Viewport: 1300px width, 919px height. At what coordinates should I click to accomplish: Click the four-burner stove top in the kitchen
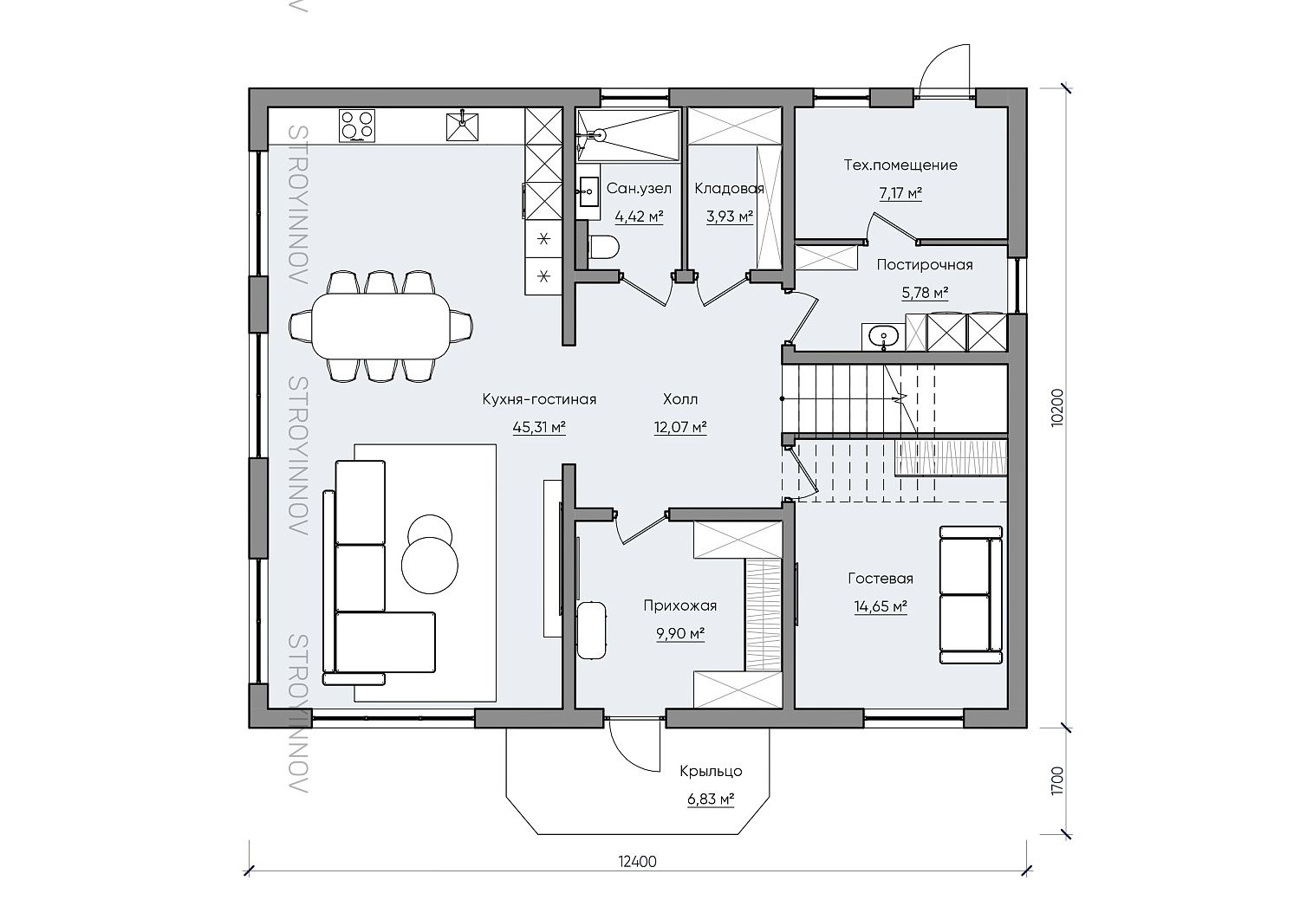(x=357, y=126)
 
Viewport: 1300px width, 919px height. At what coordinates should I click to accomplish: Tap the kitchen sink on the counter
(x=462, y=126)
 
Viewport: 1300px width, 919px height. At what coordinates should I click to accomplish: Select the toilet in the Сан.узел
(x=602, y=247)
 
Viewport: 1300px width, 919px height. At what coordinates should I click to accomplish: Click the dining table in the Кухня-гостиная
(x=380, y=326)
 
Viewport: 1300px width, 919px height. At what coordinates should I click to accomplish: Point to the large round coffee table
(x=430, y=565)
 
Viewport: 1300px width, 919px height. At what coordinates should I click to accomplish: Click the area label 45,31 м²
(x=539, y=428)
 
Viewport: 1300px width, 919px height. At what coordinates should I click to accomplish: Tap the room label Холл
(x=680, y=399)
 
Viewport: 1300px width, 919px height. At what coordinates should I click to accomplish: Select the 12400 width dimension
(x=637, y=877)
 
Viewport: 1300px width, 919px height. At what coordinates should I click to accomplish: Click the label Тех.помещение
(x=900, y=165)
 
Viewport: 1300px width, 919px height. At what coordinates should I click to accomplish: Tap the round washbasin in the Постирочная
(x=883, y=335)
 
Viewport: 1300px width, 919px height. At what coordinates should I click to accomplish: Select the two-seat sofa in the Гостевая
(x=971, y=595)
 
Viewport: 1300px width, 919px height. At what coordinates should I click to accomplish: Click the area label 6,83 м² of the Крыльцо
(x=711, y=799)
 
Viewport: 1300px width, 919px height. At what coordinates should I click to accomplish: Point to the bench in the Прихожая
(x=591, y=630)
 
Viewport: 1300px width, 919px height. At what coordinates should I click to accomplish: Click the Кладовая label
(x=729, y=189)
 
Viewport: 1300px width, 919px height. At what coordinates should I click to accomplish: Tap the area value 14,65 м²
(x=881, y=607)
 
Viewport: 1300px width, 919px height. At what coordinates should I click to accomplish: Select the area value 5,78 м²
(x=925, y=293)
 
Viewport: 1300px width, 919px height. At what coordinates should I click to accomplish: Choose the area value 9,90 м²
(x=680, y=633)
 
